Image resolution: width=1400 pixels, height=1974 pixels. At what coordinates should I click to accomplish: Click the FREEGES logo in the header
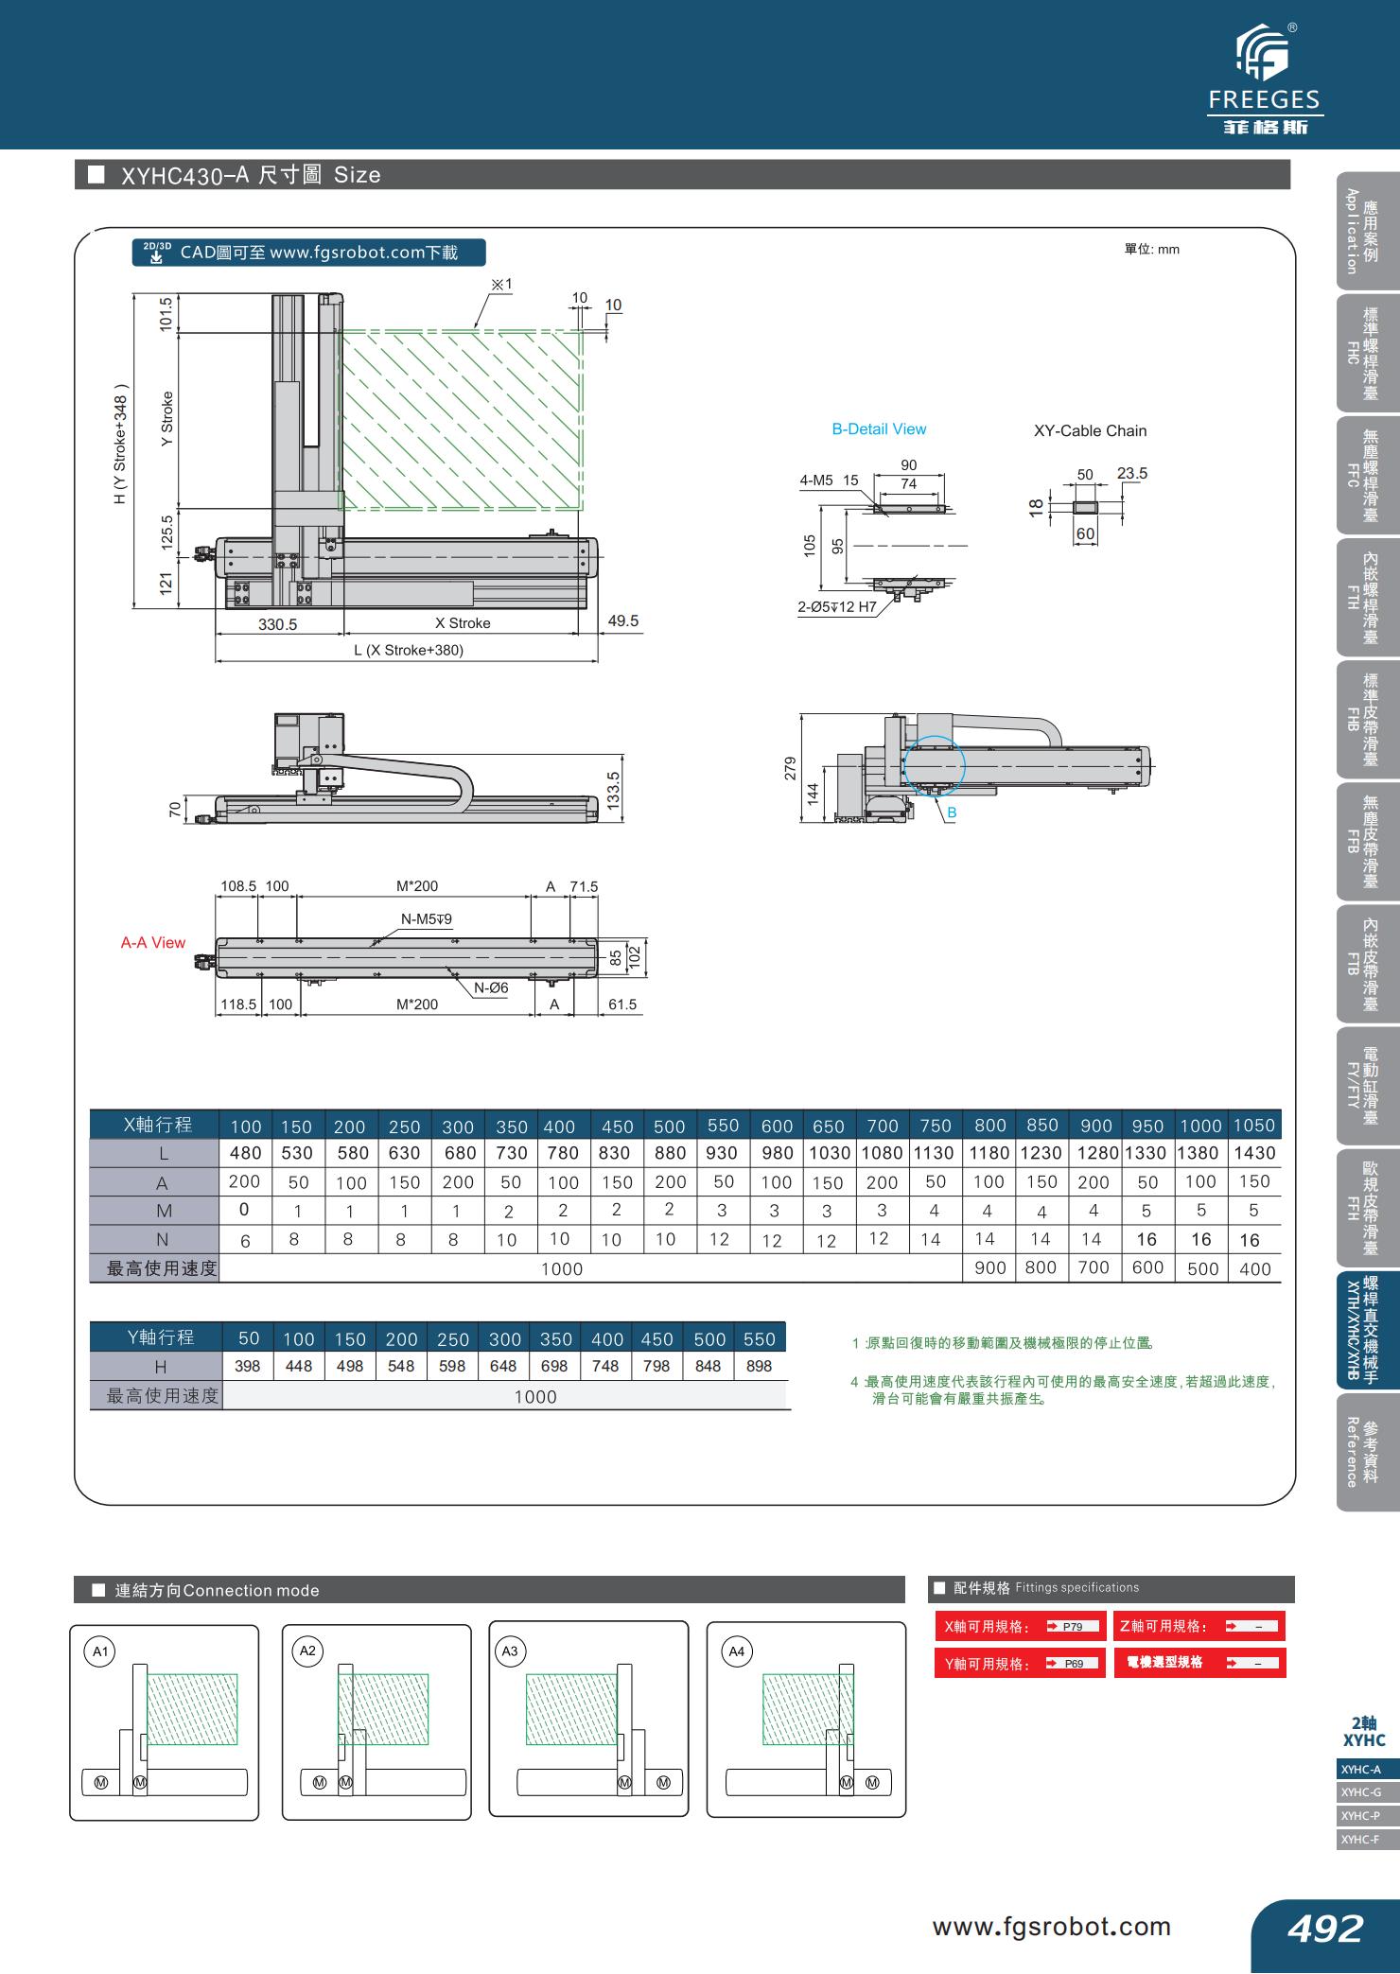1264,81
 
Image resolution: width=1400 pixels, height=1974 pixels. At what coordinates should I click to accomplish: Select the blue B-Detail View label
879,429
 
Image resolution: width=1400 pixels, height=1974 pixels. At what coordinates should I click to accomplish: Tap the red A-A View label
153,943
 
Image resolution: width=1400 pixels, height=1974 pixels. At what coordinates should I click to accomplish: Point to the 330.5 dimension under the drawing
278,624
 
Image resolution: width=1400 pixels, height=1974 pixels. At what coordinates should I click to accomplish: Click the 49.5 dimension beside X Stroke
623,621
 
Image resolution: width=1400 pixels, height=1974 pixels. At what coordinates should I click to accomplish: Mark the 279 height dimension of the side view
791,768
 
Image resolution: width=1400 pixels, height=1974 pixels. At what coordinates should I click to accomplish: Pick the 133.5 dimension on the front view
613,790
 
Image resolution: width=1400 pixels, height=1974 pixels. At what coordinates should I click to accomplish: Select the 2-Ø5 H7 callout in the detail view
837,607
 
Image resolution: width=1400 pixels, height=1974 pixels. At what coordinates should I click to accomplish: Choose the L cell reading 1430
1254,1153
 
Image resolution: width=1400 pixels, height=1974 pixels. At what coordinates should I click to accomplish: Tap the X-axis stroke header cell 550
723,1126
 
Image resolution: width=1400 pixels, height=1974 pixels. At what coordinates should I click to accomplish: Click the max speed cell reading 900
989,1268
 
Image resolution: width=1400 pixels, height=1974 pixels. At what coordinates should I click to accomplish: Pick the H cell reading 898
759,1366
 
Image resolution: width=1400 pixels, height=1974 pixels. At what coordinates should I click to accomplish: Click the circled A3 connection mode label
510,1651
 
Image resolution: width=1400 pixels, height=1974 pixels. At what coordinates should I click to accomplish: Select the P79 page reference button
1073,1627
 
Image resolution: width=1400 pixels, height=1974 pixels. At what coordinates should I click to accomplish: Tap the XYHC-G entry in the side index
1361,1792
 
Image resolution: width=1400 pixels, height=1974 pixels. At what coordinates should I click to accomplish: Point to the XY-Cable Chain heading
1090,431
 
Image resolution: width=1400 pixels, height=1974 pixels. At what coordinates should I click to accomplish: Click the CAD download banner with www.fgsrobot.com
309,253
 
